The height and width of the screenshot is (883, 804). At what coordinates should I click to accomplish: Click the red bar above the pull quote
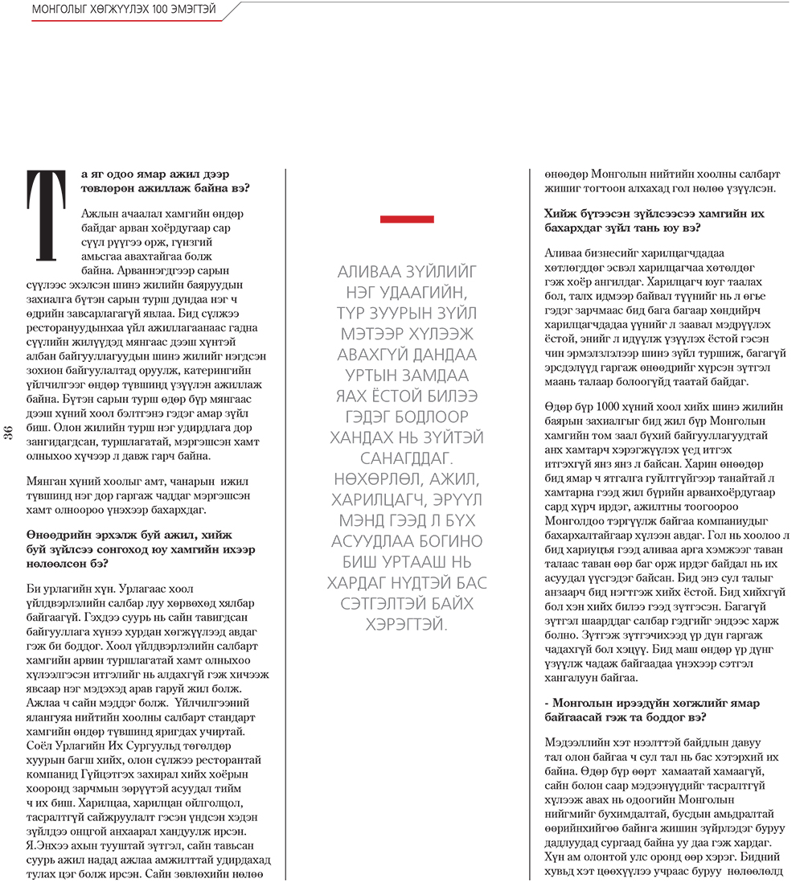[x=407, y=219]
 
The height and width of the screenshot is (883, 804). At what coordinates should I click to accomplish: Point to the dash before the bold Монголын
[x=547, y=703]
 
